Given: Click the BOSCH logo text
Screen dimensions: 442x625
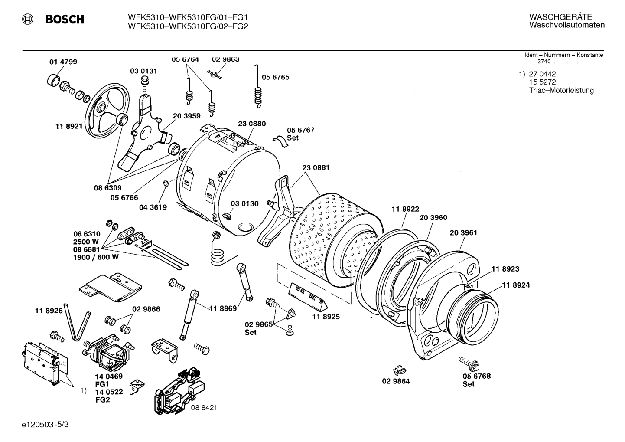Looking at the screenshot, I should tap(65, 20).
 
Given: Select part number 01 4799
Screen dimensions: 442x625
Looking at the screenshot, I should tap(63, 62).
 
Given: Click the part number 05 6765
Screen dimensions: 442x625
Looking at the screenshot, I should tap(275, 77).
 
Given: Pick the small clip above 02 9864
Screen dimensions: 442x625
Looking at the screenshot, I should tap(397, 370).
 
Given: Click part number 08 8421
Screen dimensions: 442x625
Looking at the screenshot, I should tap(204, 408).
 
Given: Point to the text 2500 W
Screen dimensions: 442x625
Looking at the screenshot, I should tap(86, 242).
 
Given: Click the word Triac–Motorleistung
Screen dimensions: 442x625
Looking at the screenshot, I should tap(561, 91).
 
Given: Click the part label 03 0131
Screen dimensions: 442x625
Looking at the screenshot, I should tap(143, 71).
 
